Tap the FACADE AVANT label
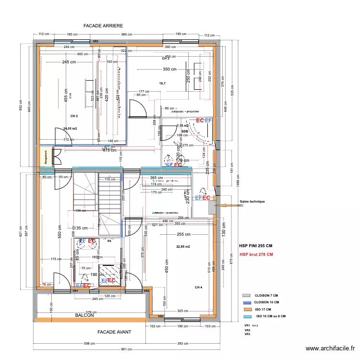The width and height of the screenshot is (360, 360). click(114, 332)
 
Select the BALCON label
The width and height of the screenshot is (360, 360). click(84, 315)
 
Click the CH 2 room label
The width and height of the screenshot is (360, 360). click(74, 116)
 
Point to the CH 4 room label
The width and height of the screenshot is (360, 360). click(199, 287)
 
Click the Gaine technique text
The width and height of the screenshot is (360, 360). click(252, 202)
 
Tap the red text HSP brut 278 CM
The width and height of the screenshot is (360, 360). click(256, 254)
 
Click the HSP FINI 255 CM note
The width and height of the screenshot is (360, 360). click(256, 245)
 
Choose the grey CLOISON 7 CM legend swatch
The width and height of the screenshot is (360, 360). click(247, 296)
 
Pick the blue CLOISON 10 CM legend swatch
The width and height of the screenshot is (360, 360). click(247, 302)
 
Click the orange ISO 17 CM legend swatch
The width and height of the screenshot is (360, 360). click(247, 310)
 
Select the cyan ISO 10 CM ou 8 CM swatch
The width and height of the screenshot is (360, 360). click(247, 316)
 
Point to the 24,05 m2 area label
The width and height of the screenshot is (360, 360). click(70, 128)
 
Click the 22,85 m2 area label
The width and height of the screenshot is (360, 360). click(183, 246)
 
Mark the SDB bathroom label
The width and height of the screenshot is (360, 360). click(184, 131)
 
